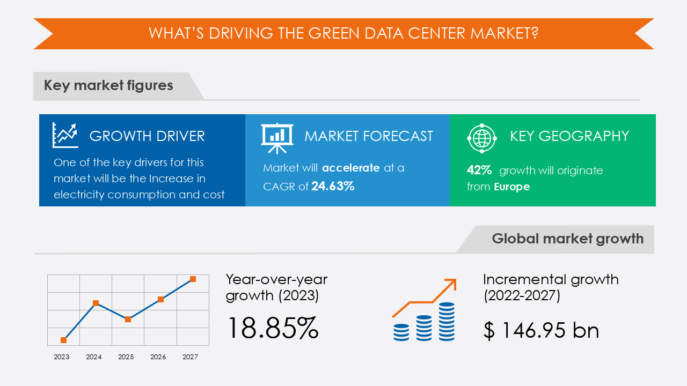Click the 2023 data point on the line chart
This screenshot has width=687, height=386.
(x=64, y=340)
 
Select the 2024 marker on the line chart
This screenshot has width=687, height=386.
(x=96, y=303)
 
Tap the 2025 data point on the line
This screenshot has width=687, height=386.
(x=128, y=319)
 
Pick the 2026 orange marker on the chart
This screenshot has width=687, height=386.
(x=160, y=299)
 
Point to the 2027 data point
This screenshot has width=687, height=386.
(x=193, y=279)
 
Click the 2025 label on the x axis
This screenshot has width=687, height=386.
(x=126, y=357)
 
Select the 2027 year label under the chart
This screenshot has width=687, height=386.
(x=190, y=357)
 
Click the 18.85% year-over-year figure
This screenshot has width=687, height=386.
(x=273, y=328)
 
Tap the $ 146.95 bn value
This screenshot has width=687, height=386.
(x=541, y=330)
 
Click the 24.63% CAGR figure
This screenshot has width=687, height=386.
(x=333, y=187)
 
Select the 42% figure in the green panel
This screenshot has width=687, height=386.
(x=479, y=170)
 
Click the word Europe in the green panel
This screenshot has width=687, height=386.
(x=512, y=187)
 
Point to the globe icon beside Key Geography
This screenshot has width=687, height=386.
(x=482, y=137)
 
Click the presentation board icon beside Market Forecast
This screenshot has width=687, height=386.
(x=277, y=136)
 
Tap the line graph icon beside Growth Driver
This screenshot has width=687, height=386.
(x=65, y=135)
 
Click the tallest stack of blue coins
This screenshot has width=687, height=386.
(x=447, y=321)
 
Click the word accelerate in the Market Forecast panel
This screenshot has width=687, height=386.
(x=351, y=168)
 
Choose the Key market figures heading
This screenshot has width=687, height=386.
(x=108, y=85)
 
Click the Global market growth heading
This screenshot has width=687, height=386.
(x=567, y=239)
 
